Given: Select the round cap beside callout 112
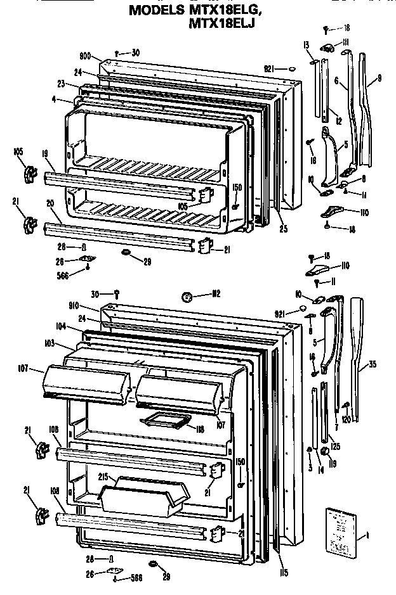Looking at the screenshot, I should (x=188, y=295).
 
